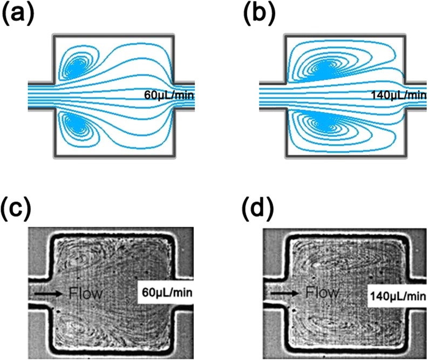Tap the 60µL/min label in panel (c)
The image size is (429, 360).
tap(168, 293)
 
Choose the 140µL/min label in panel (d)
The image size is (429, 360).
tap(398, 296)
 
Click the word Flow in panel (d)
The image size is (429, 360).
tap(322, 293)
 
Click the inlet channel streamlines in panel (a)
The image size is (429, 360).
tap(40, 95)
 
